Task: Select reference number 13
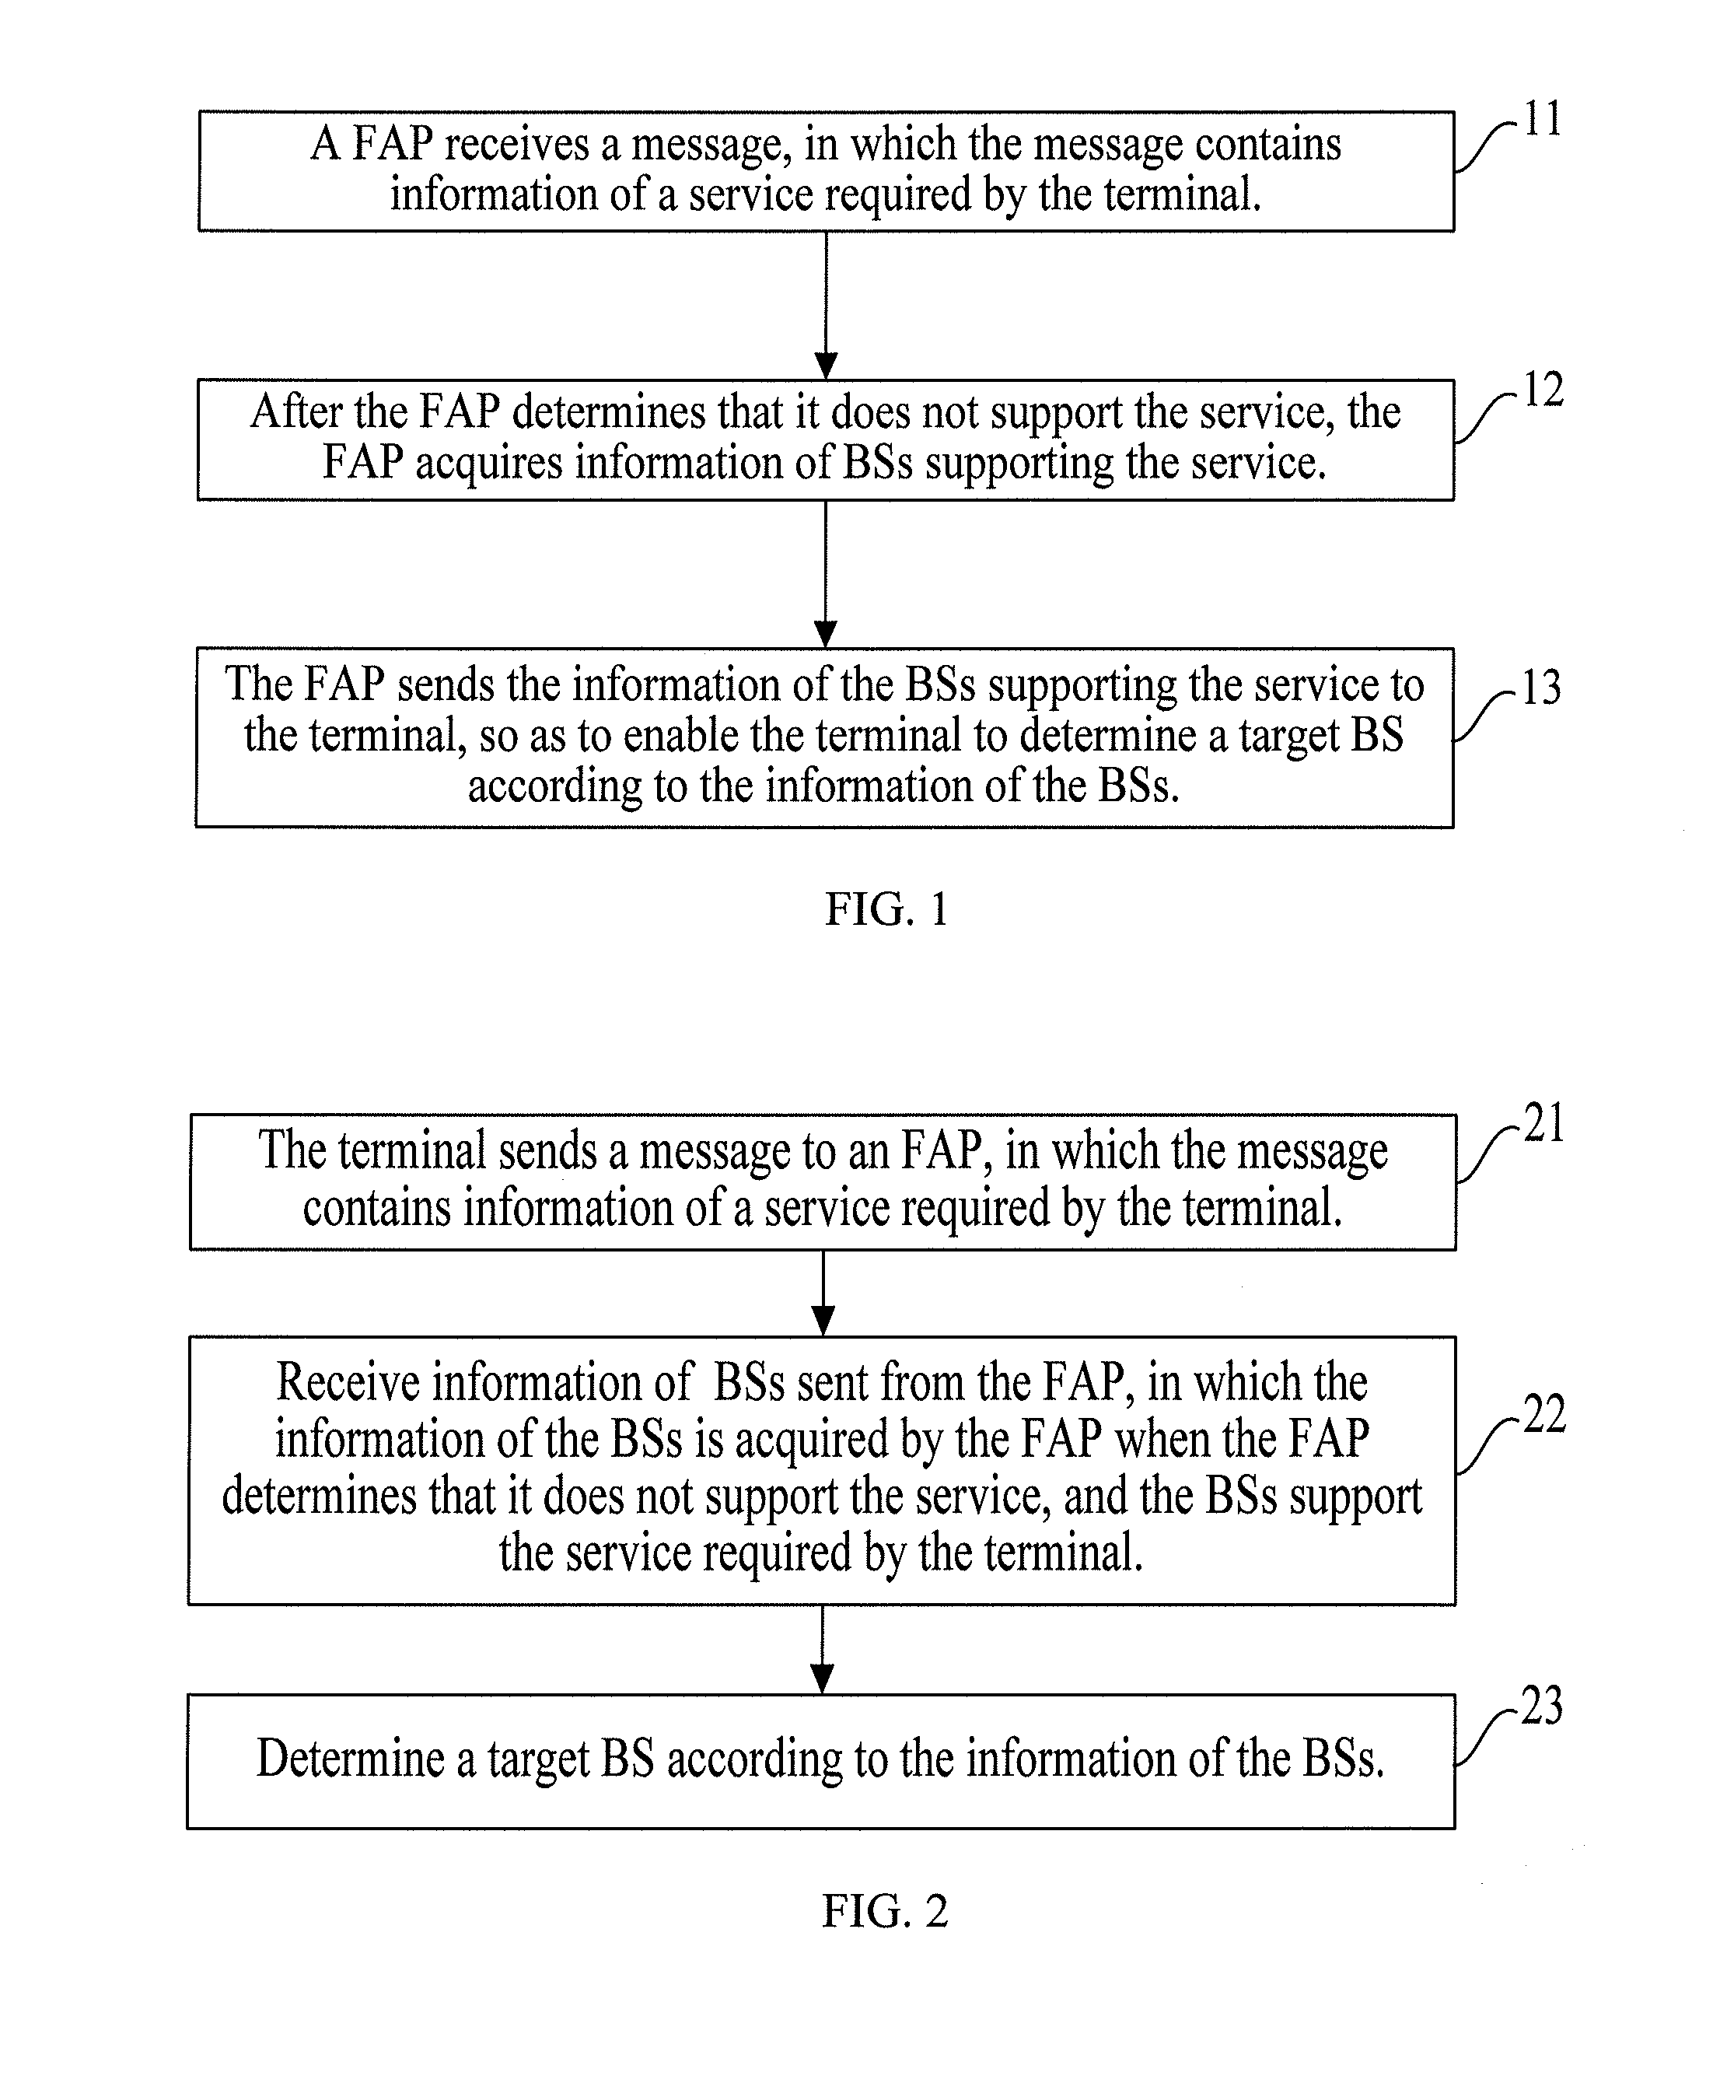1541,687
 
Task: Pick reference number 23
1542,1707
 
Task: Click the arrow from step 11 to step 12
827,305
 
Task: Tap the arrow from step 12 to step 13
827,573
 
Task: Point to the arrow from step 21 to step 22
823,1294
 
